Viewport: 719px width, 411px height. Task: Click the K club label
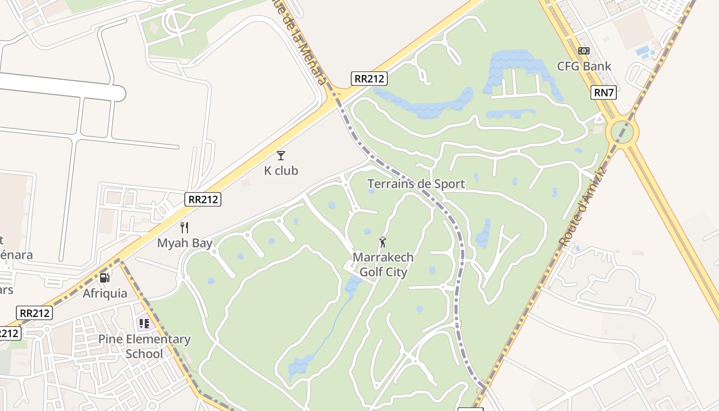click(x=281, y=171)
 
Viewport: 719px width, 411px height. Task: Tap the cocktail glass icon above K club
click(x=280, y=155)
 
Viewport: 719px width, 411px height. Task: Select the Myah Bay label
click(x=184, y=243)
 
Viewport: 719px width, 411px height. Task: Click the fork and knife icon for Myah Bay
click(x=184, y=228)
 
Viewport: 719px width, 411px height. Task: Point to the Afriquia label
click(x=105, y=293)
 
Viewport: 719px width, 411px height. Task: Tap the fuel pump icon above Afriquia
click(x=105, y=278)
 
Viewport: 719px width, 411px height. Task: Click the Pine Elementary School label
click(x=144, y=346)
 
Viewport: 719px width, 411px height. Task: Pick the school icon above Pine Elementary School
click(x=144, y=324)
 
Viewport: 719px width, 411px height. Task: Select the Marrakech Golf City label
click(x=383, y=264)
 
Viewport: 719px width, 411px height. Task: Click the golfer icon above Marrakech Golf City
click(x=383, y=242)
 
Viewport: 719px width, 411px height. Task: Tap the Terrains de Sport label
click(x=416, y=183)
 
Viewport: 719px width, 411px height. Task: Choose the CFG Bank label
click(x=584, y=66)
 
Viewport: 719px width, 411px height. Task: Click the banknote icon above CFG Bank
click(x=584, y=51)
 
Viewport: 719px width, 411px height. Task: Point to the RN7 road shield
click(x=603, y=92)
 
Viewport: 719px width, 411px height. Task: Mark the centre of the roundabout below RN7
click(x=622, y=133)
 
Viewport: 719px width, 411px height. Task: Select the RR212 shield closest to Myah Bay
click(x=203, y=199)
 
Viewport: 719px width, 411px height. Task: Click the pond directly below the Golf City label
click(x=352, y=286)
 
